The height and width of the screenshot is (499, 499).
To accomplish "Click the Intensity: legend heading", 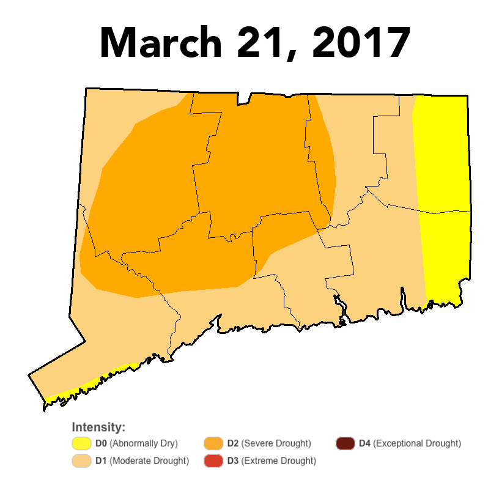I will [x=98, y=427].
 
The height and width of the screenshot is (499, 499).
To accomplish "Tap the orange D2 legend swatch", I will [x=213, y=443].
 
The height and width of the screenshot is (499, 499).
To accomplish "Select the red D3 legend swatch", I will [x=213, y=460].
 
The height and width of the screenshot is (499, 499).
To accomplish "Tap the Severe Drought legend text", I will [x=276, y=443].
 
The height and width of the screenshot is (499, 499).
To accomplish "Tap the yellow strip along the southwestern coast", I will [x=92, y=384].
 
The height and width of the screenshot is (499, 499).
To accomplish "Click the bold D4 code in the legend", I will [x=364, y=443].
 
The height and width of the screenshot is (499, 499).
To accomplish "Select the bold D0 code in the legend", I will [x=101, y=443].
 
